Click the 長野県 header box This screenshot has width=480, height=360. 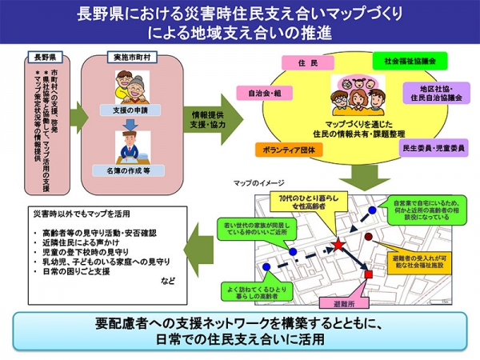(x=41, y=58)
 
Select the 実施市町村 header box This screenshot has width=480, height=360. (x=129, y=58)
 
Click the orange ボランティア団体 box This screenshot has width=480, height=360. (x=285, y=149)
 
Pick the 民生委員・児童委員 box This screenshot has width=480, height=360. (x=430, y=148)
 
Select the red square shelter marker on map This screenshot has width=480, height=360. (x=369, y=274)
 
